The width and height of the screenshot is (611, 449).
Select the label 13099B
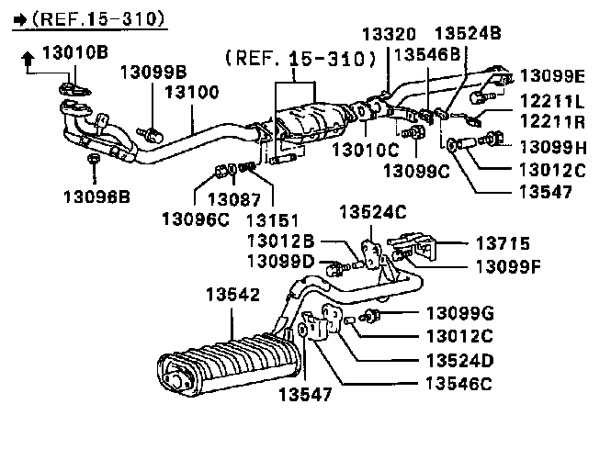(153, 72)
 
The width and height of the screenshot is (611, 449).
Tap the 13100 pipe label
(191, 92)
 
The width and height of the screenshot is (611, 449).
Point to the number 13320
(388, 34)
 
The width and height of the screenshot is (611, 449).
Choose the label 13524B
(467, 34)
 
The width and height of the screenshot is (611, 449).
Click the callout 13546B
(427, 54)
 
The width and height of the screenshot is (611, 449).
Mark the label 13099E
(552, 75)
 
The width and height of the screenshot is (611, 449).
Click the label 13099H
(552, 146)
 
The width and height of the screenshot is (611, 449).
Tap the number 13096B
(97, 195)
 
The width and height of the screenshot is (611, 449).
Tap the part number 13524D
(459, 360)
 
